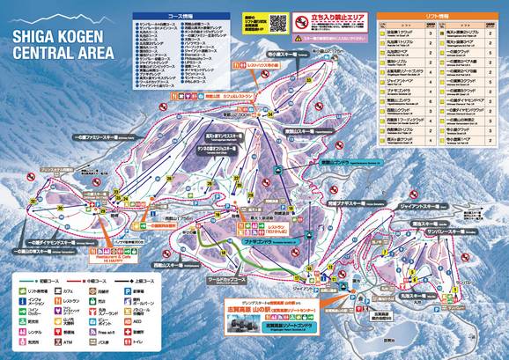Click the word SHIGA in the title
tap(33, 38)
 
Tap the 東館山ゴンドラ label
tap(328, 164)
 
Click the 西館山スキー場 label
tap(211, 260)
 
